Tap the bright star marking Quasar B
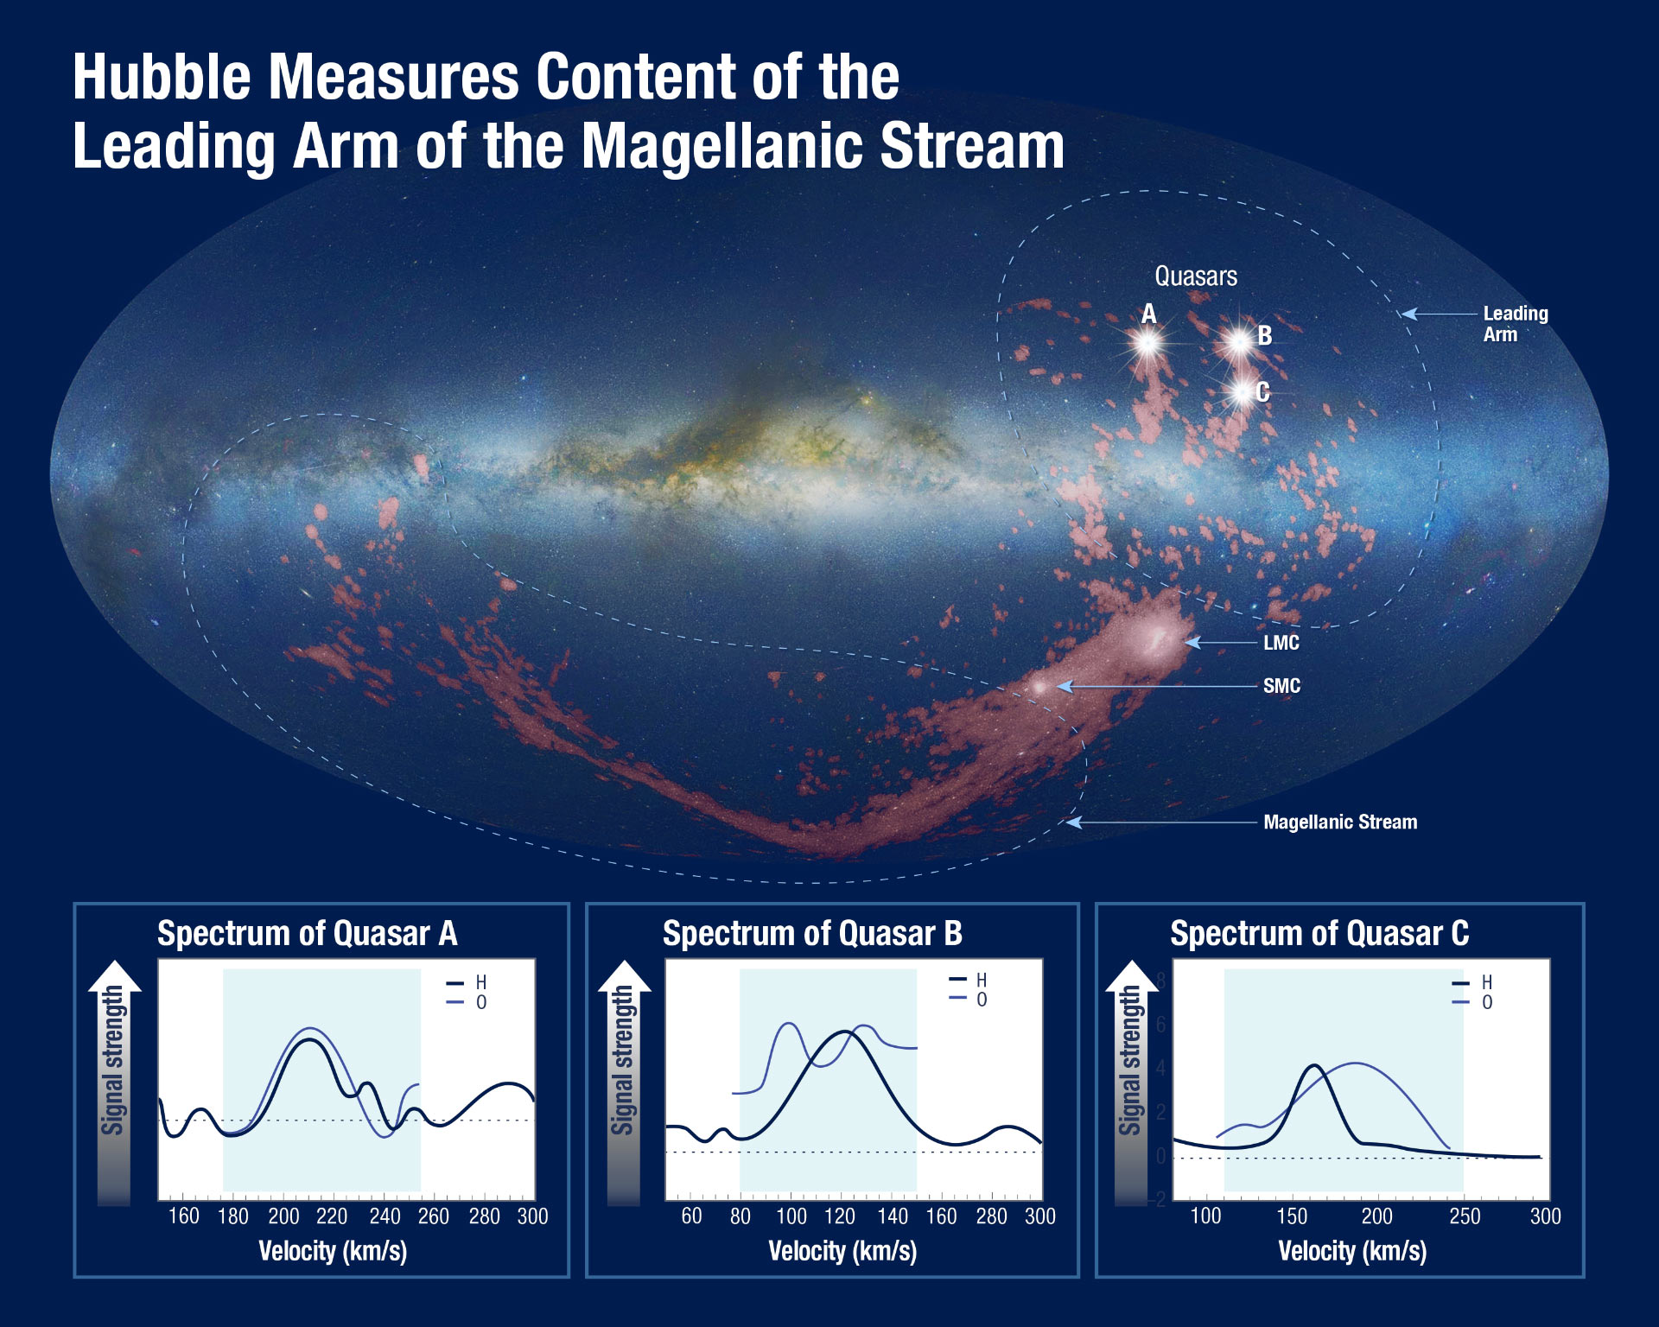(x=1239, y=343)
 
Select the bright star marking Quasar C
(x=1243, y=393)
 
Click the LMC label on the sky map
(x=1281, y=643)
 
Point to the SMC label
(x=1281, y=686)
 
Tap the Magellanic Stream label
(x=1340, y=822)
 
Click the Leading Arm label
(x=1516, y=324)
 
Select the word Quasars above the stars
(x=1196, y=276)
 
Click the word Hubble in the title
(x=162, y=77)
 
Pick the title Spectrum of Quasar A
(x=308, y=934)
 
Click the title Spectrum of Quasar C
(x=1319, y=934)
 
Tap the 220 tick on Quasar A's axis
(x=332, y=1216)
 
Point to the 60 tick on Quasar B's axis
(x=691, y=1216)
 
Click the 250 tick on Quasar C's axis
(x=1465, y=1216)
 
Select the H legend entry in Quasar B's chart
(x=969, y=980)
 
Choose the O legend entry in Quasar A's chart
(x=467, y=1002)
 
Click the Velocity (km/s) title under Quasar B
(x=842, y=1251)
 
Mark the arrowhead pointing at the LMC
(x=1193, y=643)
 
